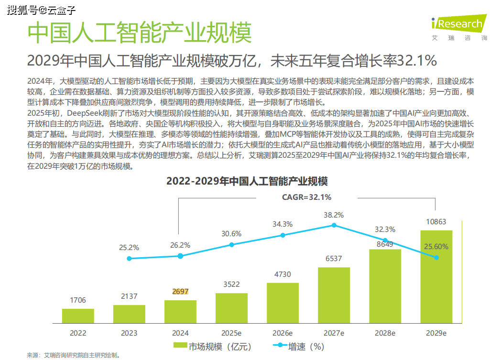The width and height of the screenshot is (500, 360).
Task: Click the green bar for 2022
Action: (x=78, y=316)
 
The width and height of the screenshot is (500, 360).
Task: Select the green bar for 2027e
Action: (x=334, y=295)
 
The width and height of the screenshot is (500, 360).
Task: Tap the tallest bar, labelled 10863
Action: (x=436, y=277)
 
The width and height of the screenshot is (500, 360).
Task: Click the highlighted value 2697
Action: (x=180, y=292)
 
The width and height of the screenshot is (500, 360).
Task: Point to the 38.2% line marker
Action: (x=334, y=225)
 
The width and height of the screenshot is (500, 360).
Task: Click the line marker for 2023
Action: (x=129, y=258)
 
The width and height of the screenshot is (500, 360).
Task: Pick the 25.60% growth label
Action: (x=436, y=247)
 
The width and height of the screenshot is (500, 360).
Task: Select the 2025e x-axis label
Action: (x=231, y=333)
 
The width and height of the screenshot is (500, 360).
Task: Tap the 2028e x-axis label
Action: (x=385, y=333)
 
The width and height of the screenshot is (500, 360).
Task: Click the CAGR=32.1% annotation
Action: (x=306, y=197)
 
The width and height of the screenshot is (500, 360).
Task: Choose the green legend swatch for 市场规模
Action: (x=180, y=346)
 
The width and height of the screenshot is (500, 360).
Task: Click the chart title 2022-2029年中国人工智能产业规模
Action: (x=247, y=182)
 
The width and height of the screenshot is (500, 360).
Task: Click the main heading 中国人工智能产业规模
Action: (x=139, y=32)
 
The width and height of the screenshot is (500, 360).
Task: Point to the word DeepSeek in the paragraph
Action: (x=84, y=113)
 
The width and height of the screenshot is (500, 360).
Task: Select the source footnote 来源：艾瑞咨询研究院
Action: (x=73, y=355)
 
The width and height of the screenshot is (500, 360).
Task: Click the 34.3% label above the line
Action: (x=283, y=224)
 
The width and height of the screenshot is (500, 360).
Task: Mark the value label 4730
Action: (x=283, y=274)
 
